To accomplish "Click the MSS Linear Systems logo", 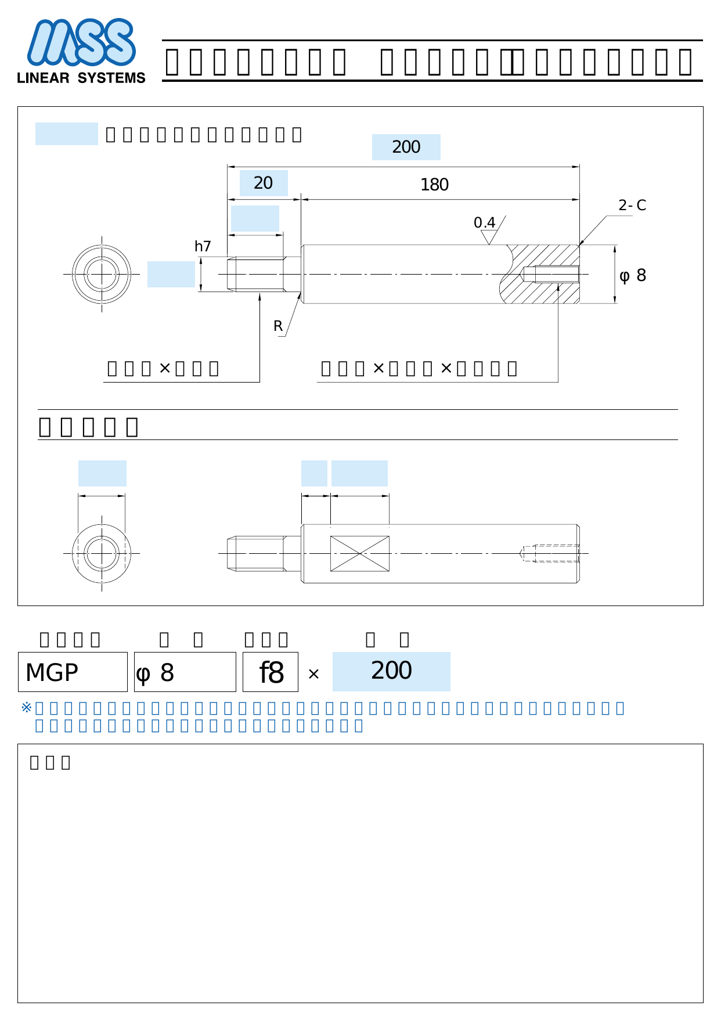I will [81, 51].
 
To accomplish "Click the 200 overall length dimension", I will [406, 147].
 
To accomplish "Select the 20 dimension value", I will [264, 183].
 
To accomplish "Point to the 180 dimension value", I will [434, 185].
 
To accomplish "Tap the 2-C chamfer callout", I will [632, 206].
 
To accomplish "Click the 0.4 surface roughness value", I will [484, 223].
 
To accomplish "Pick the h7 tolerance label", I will [203, 246].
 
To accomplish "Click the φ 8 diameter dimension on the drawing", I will [633, 275].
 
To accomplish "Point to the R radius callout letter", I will [278, 326].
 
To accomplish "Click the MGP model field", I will [73, 672].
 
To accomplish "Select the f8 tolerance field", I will [271, 672].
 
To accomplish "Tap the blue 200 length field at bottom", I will [391, 671].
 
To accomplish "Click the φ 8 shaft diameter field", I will [185, 672].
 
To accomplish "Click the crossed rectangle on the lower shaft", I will [360, 553].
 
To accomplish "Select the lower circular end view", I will [102, 553].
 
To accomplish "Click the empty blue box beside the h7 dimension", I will [171, 274].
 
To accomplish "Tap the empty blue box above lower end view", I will [102, 473].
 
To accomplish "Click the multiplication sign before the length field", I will [313, 674].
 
